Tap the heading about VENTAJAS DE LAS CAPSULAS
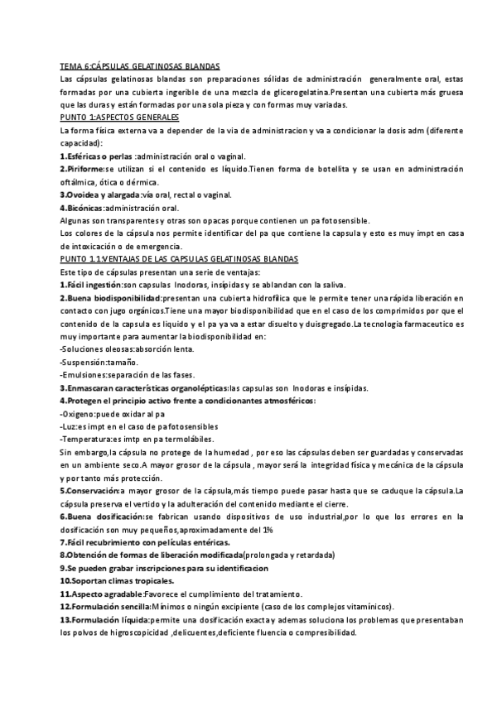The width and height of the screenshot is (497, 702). [179, 259]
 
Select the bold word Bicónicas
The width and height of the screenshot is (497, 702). [85, 208]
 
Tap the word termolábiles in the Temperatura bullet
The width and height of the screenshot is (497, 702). [189, 440]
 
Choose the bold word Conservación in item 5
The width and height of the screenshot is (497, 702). [93, 492]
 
